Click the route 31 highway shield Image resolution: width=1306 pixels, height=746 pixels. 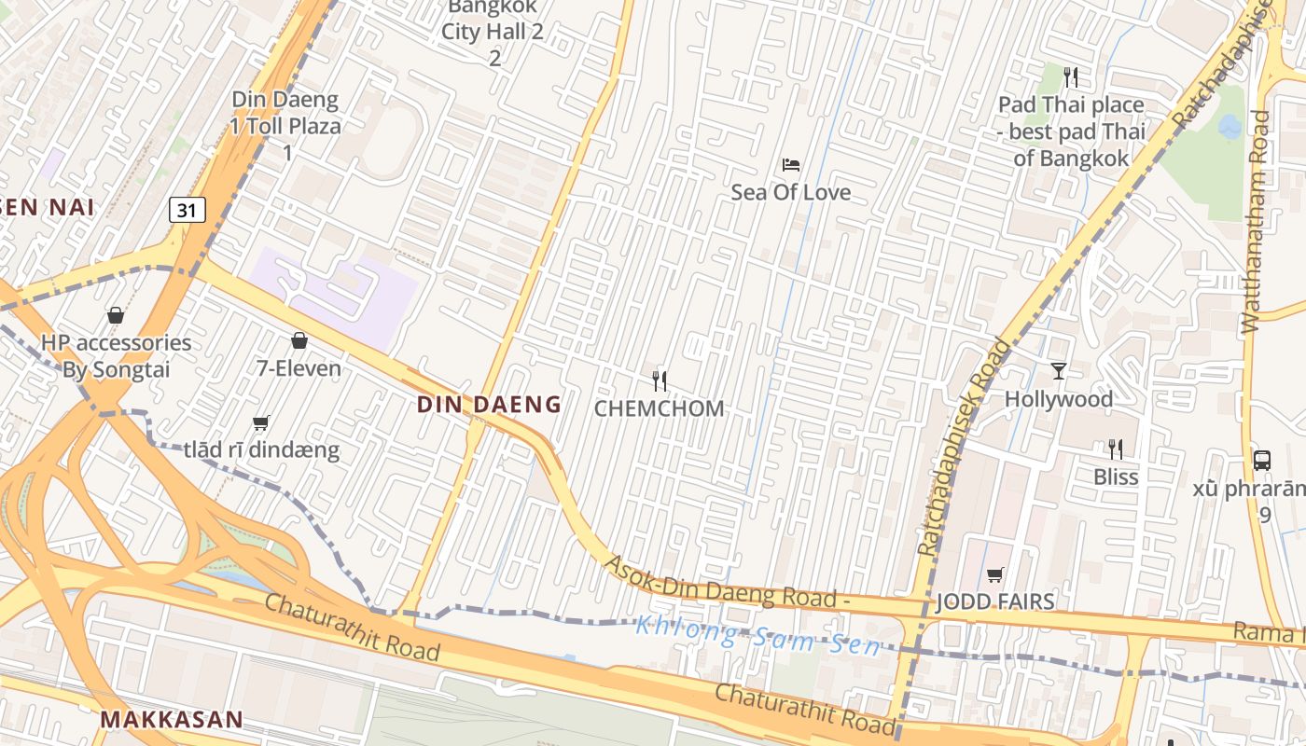[x=187, y=211]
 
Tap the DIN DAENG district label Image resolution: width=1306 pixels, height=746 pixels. [x=489, y=405]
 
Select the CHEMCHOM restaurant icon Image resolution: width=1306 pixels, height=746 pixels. [x=660, y=380]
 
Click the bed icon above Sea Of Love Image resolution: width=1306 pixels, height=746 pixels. [x=791, y=165]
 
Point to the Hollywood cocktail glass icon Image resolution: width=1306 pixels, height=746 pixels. [x=1058, y=371]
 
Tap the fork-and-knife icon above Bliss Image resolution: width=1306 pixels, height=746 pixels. [x=1116, y=449]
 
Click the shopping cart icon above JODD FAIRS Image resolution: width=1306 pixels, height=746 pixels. [x=995, y=574]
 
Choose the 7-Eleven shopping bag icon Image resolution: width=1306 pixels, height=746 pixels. [x=299, y=340]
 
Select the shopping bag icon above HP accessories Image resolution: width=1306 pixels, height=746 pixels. [x=116, y=315]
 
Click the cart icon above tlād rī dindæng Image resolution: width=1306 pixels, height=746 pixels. [x=261, y=423]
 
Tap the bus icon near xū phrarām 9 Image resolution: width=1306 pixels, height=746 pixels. [x=1262, y=460]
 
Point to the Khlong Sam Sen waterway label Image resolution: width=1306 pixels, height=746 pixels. [x=757, y=635]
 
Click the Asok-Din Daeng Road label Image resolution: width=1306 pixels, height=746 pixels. [x=728, y=585]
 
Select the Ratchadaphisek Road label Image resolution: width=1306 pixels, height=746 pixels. [x=965, y=448]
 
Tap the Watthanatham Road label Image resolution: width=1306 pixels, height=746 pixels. [x=1257, y=222]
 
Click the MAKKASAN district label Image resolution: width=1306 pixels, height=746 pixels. [x=172, y=720]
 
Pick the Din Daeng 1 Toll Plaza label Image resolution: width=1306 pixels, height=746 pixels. [x=286, y=113]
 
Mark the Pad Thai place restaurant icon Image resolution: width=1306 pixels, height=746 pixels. [x=1071, y=76]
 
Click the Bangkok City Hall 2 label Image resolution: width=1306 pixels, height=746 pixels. [x=493, y=31]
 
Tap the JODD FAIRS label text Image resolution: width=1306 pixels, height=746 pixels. [x=995, y=601]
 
